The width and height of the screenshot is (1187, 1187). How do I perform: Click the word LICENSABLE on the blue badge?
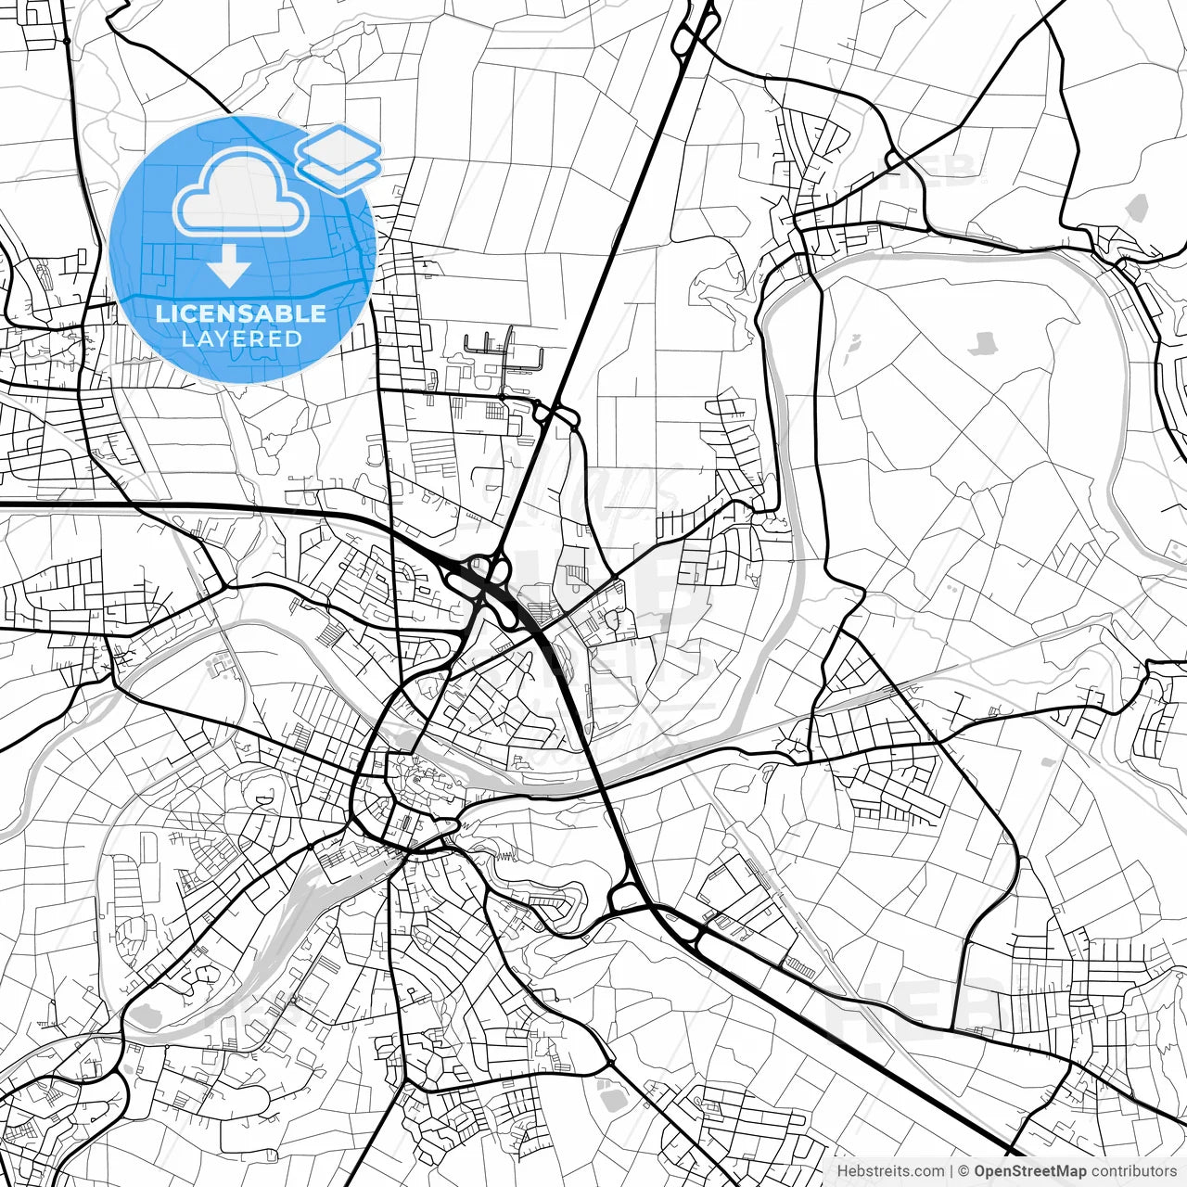[x=241, y=313]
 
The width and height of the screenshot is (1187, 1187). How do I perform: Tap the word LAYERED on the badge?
[x=241, y=338]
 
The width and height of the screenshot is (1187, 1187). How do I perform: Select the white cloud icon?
[x=241, y=192]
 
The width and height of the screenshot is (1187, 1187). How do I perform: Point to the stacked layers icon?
[x=338, y=158]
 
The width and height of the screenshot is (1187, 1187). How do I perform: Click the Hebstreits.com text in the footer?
[x=890, y=1170]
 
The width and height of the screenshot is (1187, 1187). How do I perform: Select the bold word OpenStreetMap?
[x=1030, y=1170]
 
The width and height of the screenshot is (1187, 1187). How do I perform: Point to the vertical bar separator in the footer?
[x=951, y=1170]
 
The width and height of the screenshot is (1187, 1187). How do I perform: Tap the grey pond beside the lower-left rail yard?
[x=147, y=1017]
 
